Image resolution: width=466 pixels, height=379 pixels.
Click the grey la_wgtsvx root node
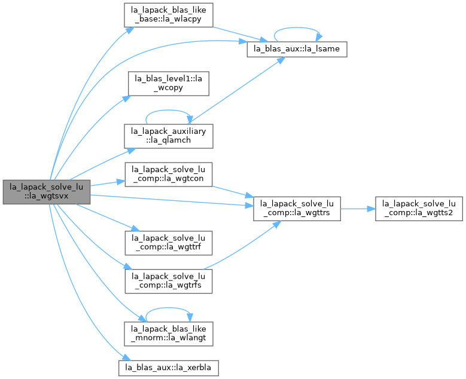[x=47, y=192]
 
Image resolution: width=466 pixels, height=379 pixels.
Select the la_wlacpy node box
[x=169, y=15]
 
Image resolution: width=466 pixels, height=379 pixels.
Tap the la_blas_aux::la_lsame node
[x=297, y=49]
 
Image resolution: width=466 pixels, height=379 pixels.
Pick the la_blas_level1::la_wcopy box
[x=169, y=84]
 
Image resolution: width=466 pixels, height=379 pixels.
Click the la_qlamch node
[x=169, y=136]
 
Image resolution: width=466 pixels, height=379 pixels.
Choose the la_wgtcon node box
[x=169, y=175]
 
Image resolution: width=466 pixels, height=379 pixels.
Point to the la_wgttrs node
[x=297, y=209]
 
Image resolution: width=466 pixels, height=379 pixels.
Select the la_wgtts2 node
[x=419, y=209]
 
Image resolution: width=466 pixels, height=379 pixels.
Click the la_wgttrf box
[x=169, y=243]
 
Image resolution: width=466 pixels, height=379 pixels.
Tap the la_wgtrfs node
[x=169, y=282]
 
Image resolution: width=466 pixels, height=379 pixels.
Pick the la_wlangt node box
[x=169, y=334]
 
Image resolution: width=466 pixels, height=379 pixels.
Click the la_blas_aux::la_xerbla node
[x=169, y=368]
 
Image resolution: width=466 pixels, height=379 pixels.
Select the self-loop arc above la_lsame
[x=297, y=27]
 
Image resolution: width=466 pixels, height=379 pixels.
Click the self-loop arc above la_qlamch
[x=168, y=110]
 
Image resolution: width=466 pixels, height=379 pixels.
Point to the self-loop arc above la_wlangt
[x=168, y=308]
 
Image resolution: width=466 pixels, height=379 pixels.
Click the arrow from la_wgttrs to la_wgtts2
[x=358, y=209]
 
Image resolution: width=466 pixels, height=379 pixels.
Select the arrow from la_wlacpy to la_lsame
[x=240, y=35]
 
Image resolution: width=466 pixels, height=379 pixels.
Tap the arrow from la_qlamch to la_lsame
[x=236, y=90]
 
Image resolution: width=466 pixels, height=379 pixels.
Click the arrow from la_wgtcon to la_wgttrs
[x=233, y=192]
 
